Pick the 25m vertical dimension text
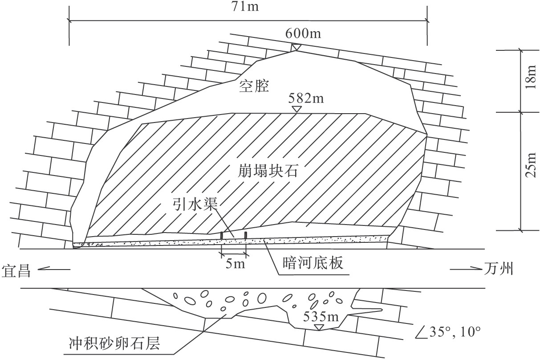[530, 171]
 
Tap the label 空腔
[254, 85]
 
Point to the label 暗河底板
[313, 264]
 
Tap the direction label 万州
[499, 270]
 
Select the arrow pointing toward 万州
[465, 269]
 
